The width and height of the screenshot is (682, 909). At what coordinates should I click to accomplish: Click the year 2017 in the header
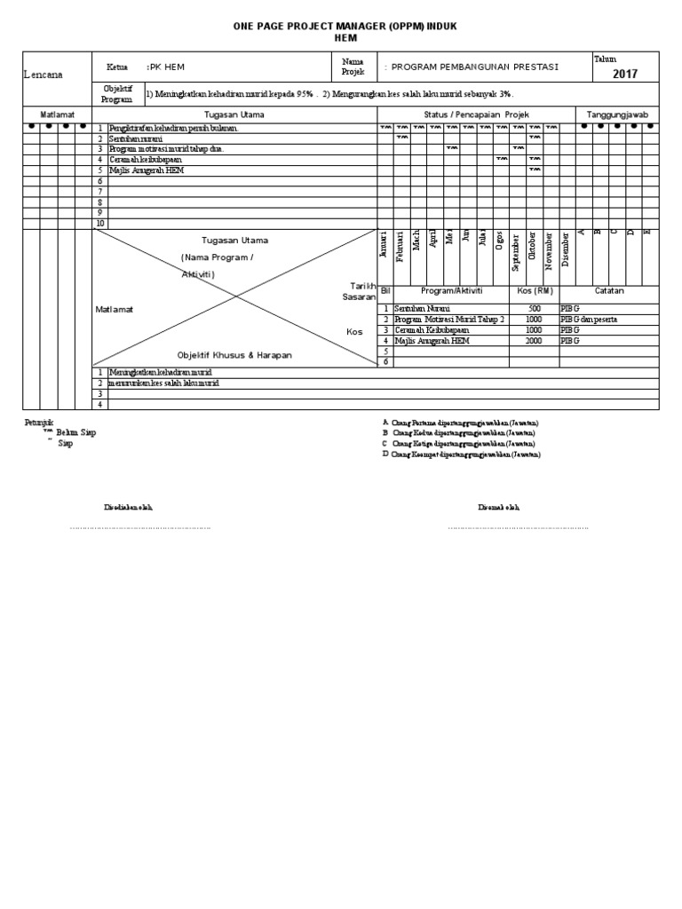(625, 75)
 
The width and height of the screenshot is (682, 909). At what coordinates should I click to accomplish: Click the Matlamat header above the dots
(57, 115)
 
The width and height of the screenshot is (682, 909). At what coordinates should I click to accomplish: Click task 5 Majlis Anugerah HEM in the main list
(146, 170)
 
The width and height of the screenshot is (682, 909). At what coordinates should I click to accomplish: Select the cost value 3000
(533, 340)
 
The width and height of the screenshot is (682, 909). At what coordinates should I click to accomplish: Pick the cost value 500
(533, 308)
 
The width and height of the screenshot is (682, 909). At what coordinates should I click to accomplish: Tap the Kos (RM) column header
(533, 290)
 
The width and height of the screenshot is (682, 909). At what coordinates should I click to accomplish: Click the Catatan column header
(609, 290)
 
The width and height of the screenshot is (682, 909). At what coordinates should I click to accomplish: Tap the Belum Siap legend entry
(75, 432)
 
